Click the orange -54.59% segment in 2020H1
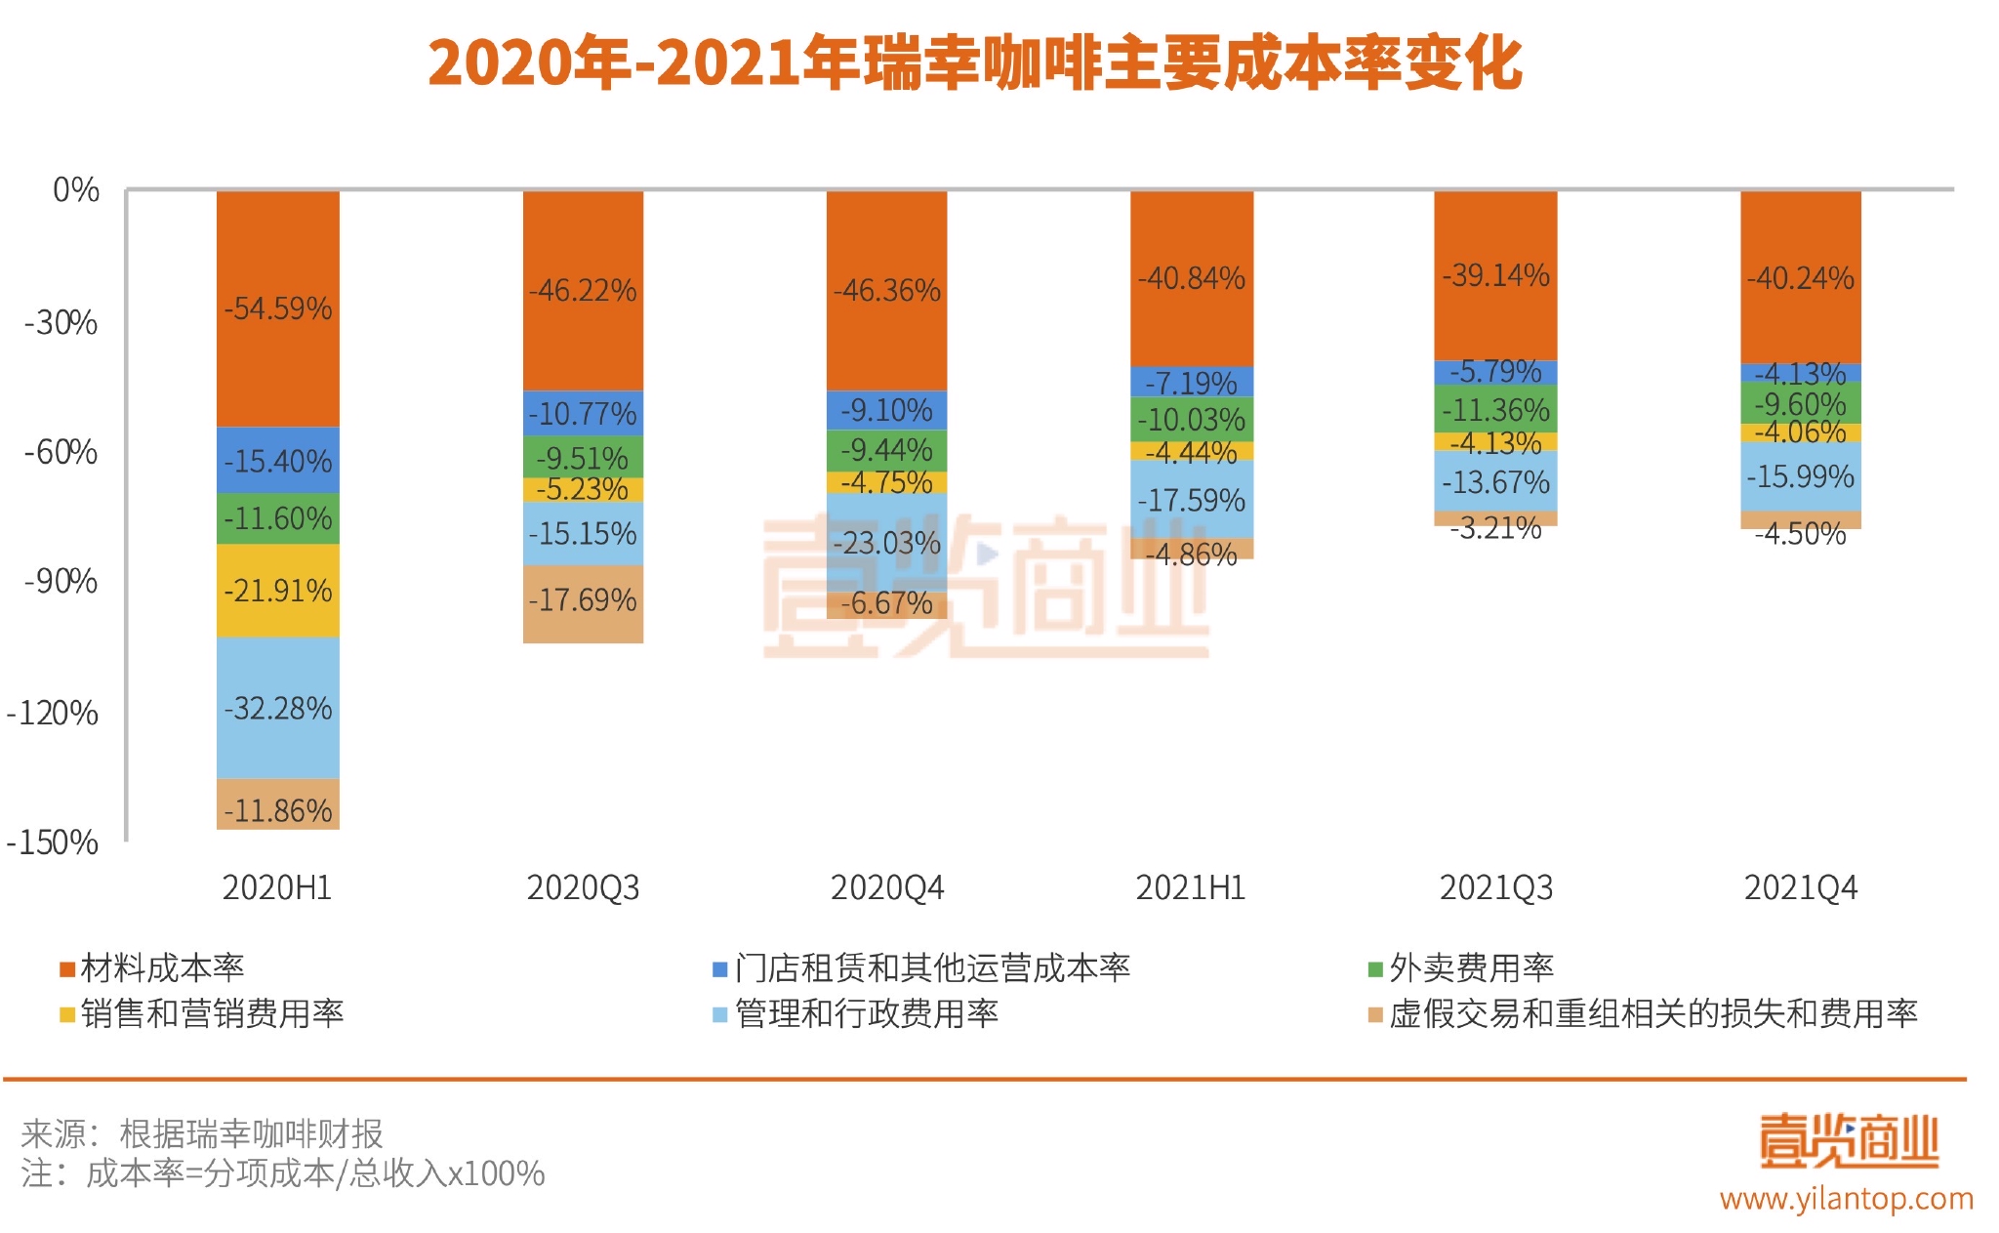(278, 308)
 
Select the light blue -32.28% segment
(278, 708)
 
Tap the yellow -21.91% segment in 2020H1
(278, 591)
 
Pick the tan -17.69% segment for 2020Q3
(583, 600)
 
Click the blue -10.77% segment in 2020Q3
(583, 414)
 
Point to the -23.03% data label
(886, 543)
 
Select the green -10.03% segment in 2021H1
(1192, 420)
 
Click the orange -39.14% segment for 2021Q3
(1495, 275)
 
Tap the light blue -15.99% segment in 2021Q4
(1800, 476)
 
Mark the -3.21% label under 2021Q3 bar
(1495, 529)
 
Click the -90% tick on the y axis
(61, 582)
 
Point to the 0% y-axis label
(76, 190)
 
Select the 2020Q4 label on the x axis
(886, 887)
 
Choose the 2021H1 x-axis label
(1191, 887)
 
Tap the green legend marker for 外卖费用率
(1375, 969)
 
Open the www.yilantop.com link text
(1846, 1198)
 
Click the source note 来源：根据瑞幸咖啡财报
(202, 1133)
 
